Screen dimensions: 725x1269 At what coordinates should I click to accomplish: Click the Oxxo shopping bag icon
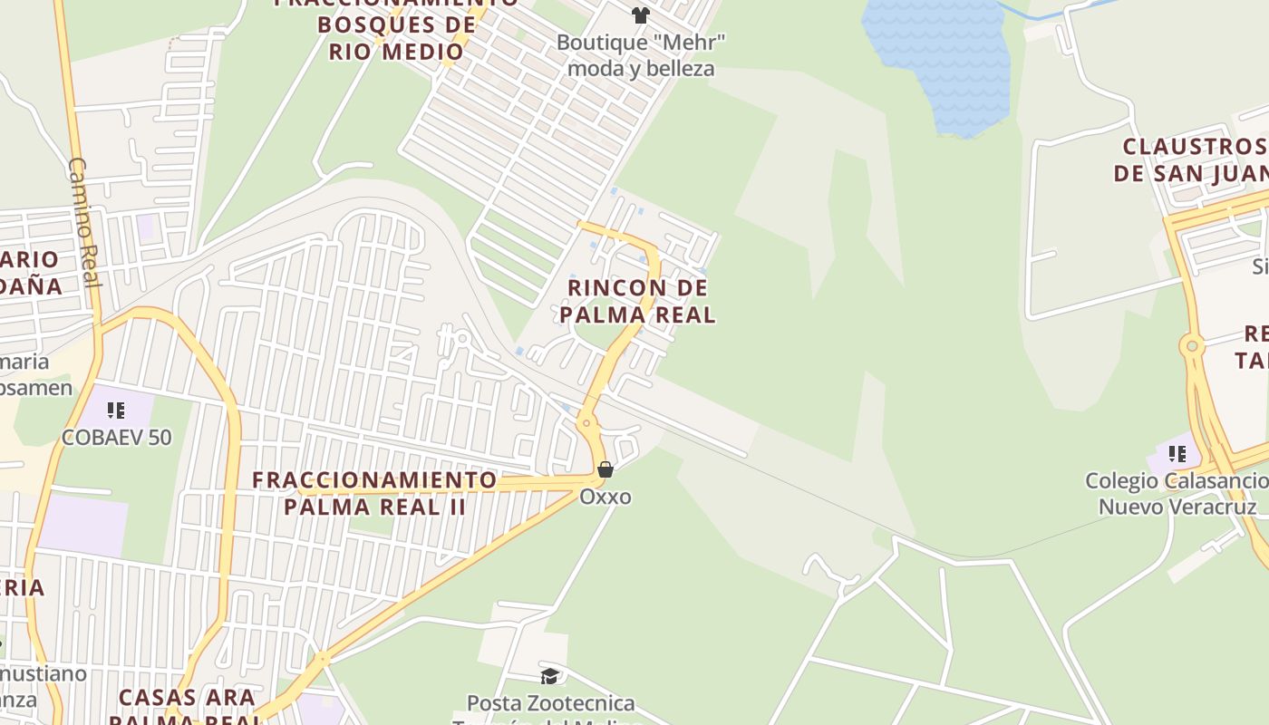coord(605,469)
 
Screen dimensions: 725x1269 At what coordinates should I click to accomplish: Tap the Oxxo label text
coord(605,497)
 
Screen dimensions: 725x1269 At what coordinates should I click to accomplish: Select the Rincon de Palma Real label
coord(637,301)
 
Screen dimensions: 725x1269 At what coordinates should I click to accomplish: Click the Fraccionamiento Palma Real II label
coord(374,493)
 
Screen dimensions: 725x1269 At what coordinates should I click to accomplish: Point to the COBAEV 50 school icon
coord(116,411)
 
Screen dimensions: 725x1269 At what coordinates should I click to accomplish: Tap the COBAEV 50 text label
coord(116,437)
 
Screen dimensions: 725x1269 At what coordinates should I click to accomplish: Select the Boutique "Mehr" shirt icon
coord(641,14)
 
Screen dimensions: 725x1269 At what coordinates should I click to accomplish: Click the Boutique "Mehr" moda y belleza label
coord(641,55)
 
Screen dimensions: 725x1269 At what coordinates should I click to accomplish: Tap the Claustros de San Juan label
coord(1190,159)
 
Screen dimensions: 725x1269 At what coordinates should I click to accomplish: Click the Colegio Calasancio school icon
coord(1177,453)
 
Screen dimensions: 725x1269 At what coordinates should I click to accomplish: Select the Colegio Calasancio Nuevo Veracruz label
coord(1177,493)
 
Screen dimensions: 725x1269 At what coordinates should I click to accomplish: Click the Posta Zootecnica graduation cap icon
coord(549,676)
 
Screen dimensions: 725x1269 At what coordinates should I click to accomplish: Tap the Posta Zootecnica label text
coord(551,703)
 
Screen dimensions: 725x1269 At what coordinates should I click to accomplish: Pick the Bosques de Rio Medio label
coord(396,37)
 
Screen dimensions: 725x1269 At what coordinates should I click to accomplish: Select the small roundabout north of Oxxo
coord(587,422)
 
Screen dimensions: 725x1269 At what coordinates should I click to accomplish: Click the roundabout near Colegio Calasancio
coord(1192,345)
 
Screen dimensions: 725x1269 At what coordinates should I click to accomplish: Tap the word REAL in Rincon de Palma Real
coord(681,314)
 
